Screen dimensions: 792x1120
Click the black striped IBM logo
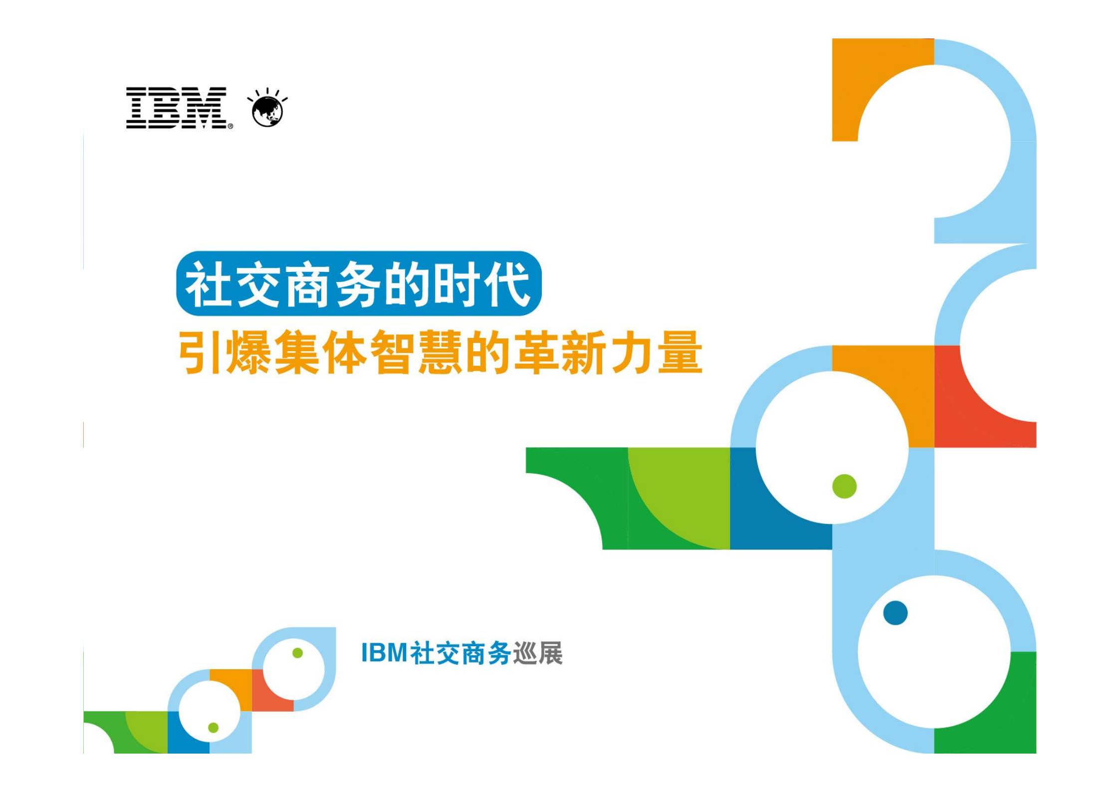coord(176,108)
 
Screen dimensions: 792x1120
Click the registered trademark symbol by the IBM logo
coord(230,126)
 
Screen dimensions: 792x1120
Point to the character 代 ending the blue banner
coord(510,284)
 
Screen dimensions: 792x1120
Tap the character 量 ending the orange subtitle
coord(680,352)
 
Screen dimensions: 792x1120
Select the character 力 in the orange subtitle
coord(632,352)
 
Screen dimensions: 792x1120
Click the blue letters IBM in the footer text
coord(384,653)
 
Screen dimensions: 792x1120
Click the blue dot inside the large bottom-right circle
coord(895,613)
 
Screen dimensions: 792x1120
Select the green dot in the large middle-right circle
coord(844,486)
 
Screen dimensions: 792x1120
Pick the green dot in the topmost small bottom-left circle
coord(297,653)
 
